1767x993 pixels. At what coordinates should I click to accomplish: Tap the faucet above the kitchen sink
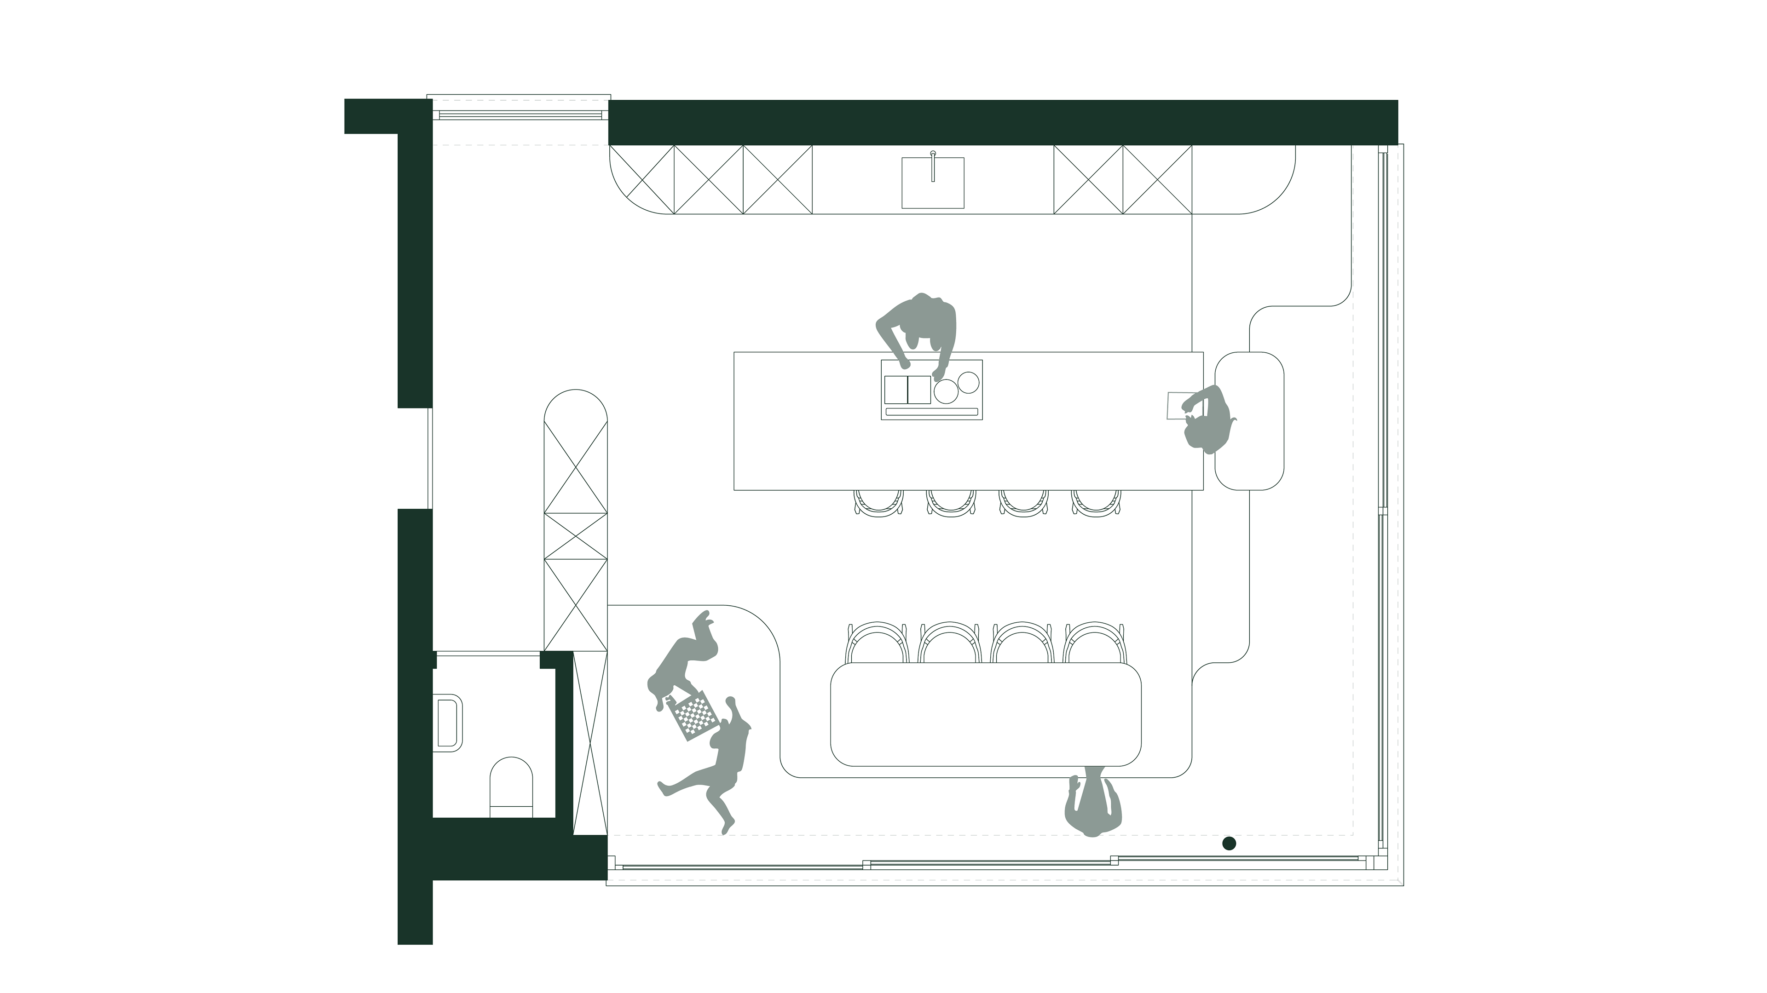point(933,165)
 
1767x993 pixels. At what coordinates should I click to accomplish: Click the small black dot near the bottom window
point(1229,842)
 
